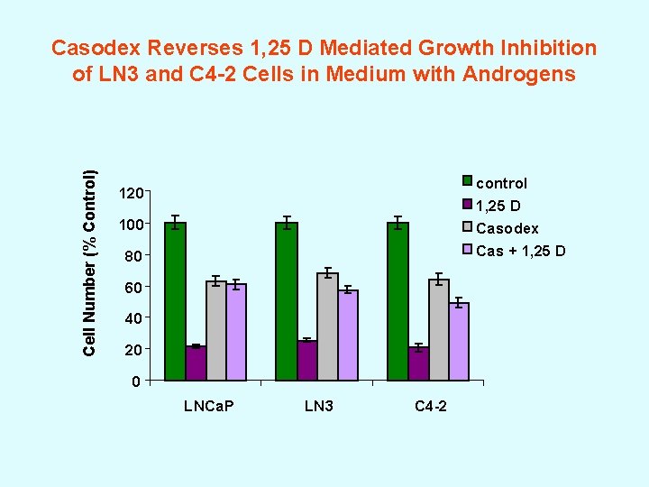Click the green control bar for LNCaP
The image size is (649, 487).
(x=175, y=301)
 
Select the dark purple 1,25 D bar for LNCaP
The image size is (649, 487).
(x=196, y=363)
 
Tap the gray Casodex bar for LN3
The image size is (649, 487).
(x=327, y=326)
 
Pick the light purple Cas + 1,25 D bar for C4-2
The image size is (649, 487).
(x=460, y=342)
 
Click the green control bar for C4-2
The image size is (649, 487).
(x=398, y=301)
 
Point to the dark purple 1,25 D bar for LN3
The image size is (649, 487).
(x=306, y=361)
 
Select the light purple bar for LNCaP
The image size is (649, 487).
(x=237, y=332)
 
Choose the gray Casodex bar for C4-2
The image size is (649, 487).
(x=439, y=330)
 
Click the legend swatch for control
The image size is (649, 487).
(x=467, y=181)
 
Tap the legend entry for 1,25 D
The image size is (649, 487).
(x=501, y=206)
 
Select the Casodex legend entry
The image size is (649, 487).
(x=507, y=228)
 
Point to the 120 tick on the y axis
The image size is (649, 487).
(x=132, y=193)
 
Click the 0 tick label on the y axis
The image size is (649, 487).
(x=134, y=381)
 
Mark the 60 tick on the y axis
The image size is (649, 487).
(x=132, y=288)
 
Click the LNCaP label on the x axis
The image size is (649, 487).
(x=208, y=407)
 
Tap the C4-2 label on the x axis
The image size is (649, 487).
(x=430, y=407)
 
